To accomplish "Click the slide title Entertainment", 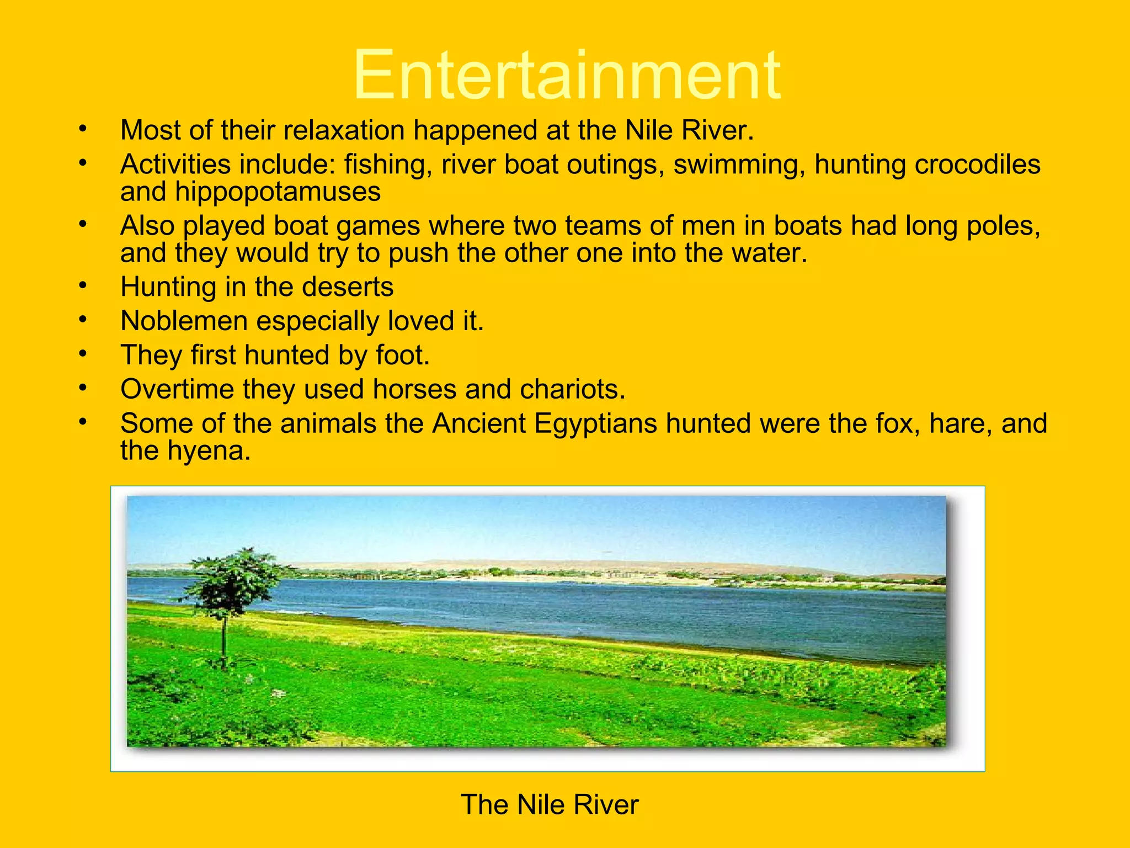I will [x=566, y=75].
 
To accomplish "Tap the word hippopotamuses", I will [x=278, y=192].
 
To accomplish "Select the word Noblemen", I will [x=184, y=321].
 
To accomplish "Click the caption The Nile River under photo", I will [x=550, y=804].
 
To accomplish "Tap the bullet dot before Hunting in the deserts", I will [x=83, y=285].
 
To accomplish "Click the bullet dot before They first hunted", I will [x=83, y=353].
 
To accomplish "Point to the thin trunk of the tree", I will [x=224, y=640].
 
